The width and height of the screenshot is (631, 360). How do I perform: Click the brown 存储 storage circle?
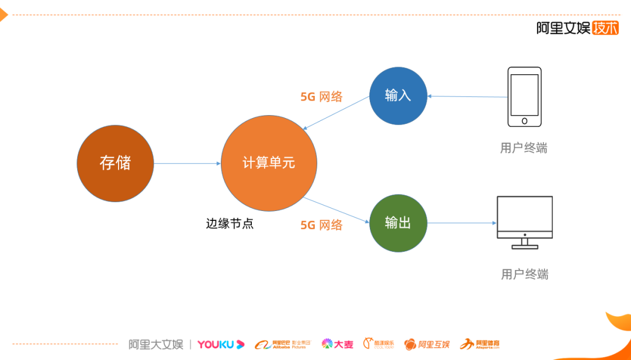[115, 163]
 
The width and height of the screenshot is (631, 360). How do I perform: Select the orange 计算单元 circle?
[269, 163]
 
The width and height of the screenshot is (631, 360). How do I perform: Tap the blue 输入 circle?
[398, 96]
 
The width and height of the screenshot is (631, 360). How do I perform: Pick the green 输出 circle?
[398, 223]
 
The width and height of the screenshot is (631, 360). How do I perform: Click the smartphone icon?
[524, 96]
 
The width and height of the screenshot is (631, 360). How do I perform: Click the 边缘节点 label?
[230, 224]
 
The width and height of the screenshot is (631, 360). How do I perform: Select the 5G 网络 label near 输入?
[321, 97]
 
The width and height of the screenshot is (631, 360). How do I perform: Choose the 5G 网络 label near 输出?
[321, 225]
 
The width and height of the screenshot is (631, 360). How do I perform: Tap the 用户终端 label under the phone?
[523, 148]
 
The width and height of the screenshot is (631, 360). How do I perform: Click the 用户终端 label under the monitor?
[525, 274]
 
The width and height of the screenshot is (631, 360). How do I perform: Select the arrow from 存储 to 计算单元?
[187, 163]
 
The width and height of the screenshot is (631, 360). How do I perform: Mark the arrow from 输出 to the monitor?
[462, 223]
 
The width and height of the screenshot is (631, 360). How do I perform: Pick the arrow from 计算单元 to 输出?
[337, 210]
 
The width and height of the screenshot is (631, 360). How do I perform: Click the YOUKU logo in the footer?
[221, 344]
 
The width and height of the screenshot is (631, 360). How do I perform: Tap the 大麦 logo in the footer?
[337, 344]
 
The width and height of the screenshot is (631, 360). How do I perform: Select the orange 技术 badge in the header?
[605, 27]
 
